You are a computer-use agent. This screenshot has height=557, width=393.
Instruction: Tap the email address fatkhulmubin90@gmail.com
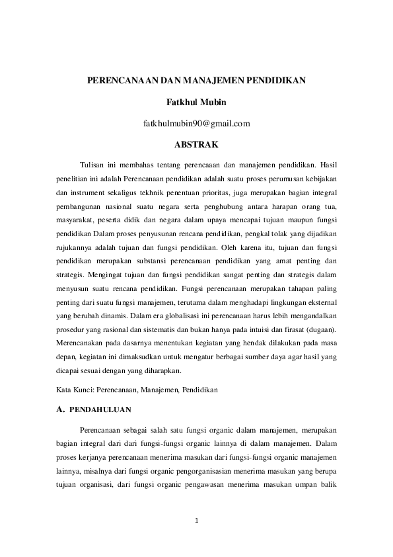coord(196,122)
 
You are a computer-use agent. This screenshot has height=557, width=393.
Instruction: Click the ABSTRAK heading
coord(196,143)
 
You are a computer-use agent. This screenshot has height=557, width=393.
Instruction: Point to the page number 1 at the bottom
coord(197,522)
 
